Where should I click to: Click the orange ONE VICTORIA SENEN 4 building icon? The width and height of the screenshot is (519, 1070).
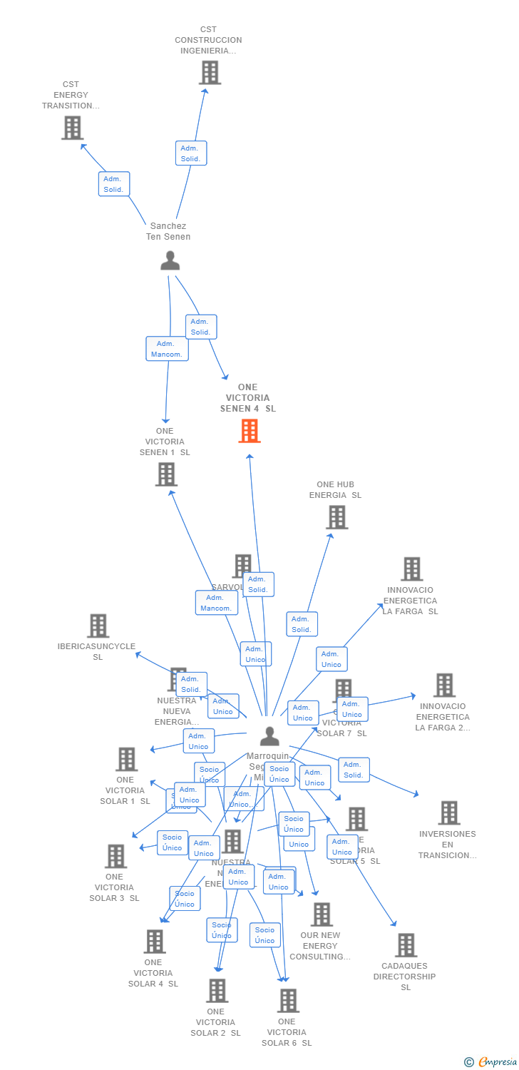pos(250,431)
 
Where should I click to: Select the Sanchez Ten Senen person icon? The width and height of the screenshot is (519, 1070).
pos(170,261)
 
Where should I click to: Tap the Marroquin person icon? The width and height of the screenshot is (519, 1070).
pos(269,735)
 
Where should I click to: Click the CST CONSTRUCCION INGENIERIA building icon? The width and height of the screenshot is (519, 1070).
pos(210,73)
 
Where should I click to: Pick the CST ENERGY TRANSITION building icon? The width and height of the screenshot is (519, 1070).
pos(72,128)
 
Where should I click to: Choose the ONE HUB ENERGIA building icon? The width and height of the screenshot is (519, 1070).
pos(336,517)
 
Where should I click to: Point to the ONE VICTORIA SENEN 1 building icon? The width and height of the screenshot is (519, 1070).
pos(166,474)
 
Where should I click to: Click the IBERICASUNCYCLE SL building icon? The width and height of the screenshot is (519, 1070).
pos(98,626)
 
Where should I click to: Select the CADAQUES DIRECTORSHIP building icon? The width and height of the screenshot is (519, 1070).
pos(406,945)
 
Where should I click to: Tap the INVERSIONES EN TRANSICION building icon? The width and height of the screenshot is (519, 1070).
pos(448,812)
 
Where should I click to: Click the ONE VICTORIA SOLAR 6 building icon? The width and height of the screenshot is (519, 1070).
pos(287,1001)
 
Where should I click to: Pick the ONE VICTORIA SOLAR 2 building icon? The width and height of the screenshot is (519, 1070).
pos(217,990)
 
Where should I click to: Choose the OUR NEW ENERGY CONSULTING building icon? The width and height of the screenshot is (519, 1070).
pos(322,914)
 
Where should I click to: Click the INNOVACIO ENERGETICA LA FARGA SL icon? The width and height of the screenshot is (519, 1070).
pos(411,569)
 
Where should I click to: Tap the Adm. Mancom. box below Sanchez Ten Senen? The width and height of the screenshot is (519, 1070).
pos(167,349)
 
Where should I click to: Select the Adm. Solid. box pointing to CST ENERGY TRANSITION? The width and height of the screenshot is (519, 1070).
pos(114,184)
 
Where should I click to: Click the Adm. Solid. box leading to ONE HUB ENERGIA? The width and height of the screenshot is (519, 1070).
pos(302,624)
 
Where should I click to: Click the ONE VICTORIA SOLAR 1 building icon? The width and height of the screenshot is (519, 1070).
pos(126,759)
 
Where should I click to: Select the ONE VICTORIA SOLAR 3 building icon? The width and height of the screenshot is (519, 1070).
pos(115,856)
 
